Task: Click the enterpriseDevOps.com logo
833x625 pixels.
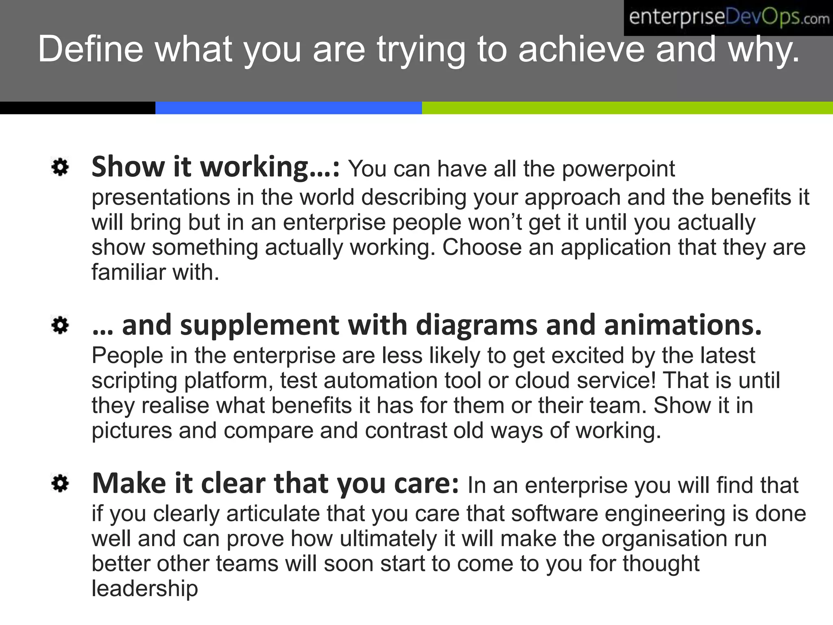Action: (x=728, y=18)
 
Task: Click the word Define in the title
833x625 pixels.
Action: (x=90, y=49)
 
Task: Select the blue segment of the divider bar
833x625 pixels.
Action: (x=288, y=108)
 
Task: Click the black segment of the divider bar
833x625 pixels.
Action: (x=77, y=108)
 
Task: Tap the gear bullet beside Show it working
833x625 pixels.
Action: (x=60, y=167)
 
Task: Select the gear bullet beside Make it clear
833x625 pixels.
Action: (x=60, y=484)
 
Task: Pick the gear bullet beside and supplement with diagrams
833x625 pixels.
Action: (x=60, y=326)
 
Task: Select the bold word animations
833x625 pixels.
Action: (x=683, y=326)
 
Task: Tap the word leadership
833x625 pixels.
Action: (x=145, y=589)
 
